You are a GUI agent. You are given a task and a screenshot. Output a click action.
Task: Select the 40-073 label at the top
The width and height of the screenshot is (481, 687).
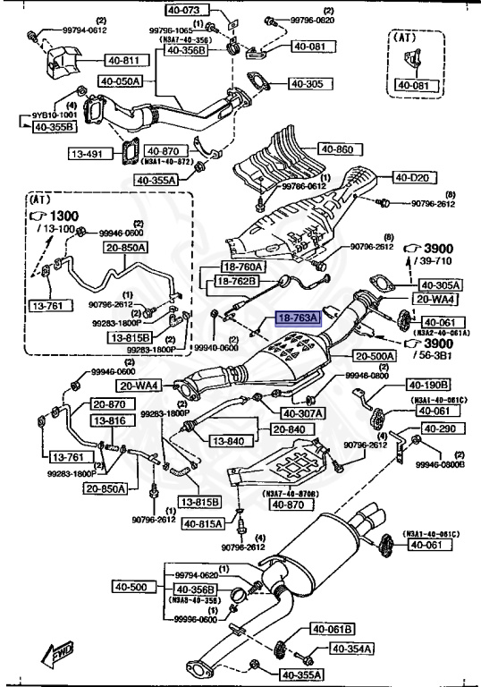point(184,11)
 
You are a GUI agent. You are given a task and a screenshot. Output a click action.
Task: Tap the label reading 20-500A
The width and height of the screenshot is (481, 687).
point(373,355)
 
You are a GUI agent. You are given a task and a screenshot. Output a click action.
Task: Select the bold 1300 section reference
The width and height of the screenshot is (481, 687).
point(64,216)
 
